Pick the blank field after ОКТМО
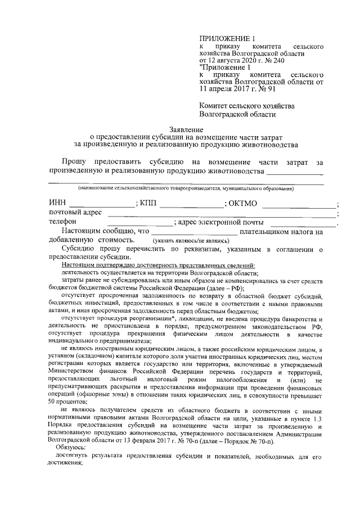pyautogui.click(x=298, y=204)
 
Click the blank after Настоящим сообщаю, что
pyautogui.click(x=194, y=231)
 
